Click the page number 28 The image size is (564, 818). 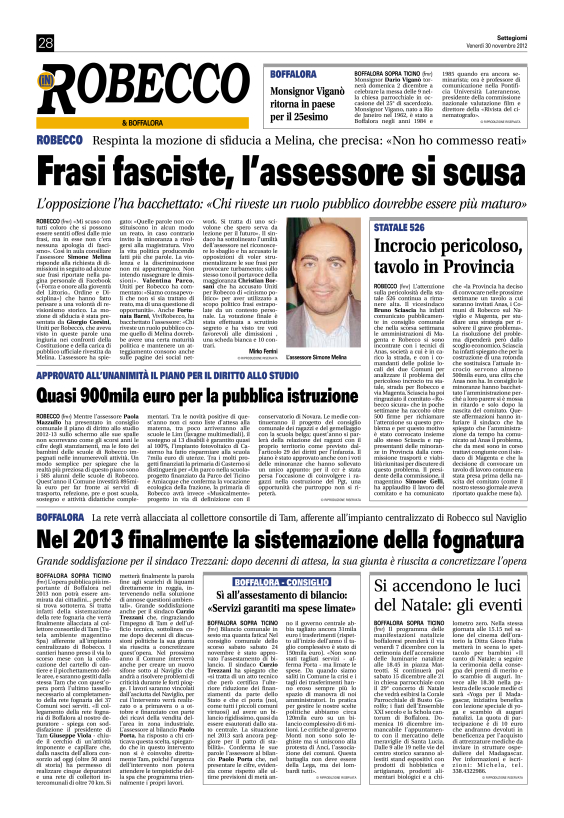[45, 43]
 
